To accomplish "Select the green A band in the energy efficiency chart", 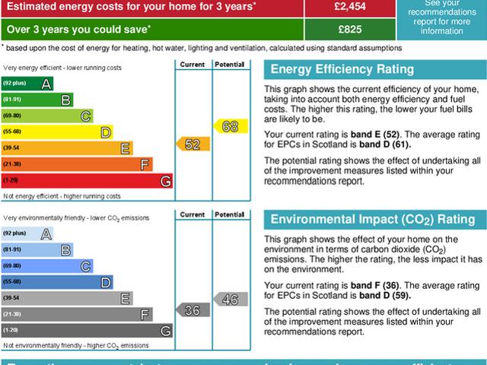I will pos(27,83).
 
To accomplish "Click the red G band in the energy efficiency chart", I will pos(88,180).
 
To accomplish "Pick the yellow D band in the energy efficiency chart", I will pos(58,132).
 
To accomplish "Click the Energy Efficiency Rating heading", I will pos(342,70).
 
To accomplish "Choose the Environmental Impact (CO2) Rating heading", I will pos(373,220).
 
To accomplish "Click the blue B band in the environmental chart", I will pos(37,249).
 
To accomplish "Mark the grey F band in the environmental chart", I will pos(77,314).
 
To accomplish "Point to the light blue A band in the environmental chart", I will pos(27,233).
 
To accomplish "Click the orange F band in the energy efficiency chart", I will pos(77,164).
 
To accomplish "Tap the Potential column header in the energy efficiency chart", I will pos(228,64).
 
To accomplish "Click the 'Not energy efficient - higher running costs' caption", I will pos(62,196).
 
